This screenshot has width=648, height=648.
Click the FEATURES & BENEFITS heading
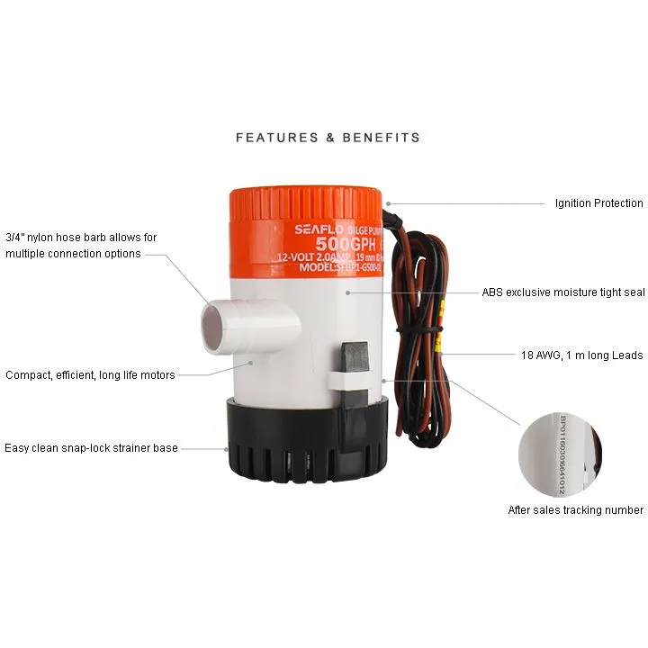328,138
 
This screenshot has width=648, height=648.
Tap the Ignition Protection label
598,203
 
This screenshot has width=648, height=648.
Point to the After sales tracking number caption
575,510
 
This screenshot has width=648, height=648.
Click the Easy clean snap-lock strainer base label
91,447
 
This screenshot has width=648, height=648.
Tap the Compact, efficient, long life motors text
90,374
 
